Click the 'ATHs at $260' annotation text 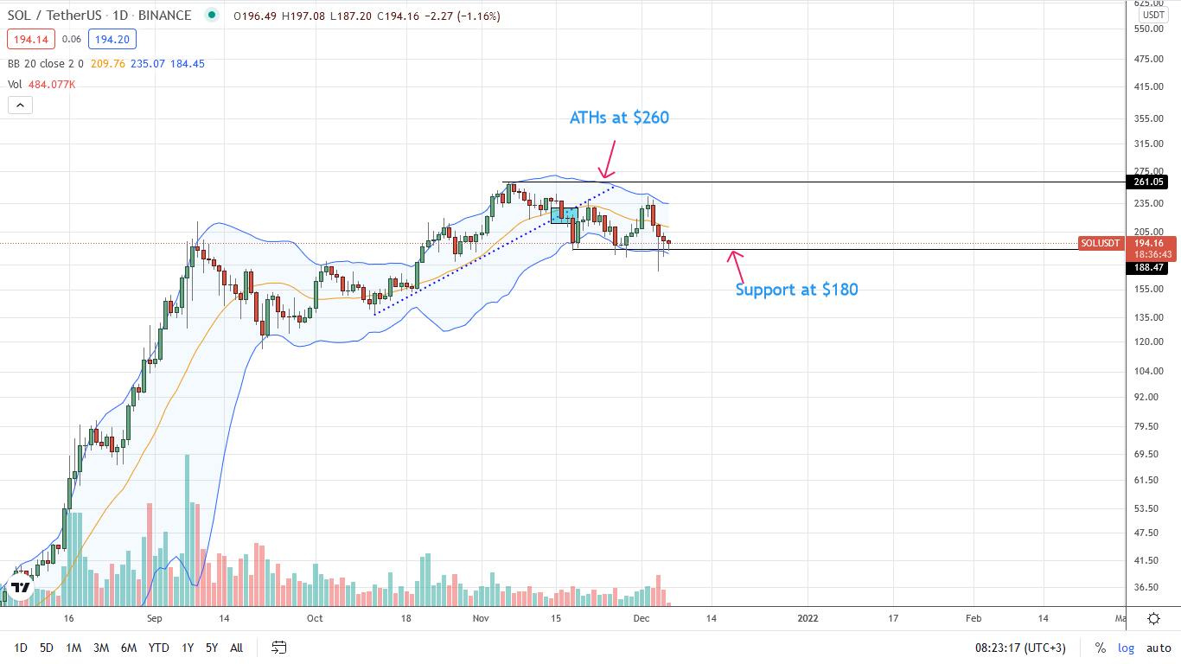point(619,118)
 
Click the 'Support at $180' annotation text point(796,290)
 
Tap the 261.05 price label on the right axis point(1148,182)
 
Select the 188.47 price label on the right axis point(1148,268)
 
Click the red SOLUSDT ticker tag point(1100,244)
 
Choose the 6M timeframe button point(129,648)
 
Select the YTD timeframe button point(158,648)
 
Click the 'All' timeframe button point(236,648)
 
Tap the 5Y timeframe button point(211,648)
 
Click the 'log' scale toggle point(1126,648)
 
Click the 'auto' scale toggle point(1159,648)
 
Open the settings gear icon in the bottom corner point(1153,618)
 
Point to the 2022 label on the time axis point(808,618)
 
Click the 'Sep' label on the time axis point(156,618)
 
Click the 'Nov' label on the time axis point(482,618)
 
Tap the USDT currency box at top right point(1152,16)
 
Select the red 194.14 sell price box point(31,39)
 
